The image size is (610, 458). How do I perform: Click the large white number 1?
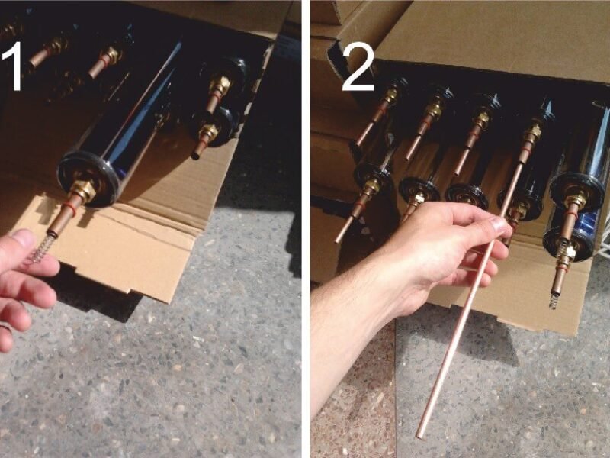(13, 66)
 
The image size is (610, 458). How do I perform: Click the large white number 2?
(358, 66)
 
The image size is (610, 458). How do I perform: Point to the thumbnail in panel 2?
(500, 224)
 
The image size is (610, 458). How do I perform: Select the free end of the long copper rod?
(420, 435)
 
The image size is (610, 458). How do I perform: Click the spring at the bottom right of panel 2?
(554, 301)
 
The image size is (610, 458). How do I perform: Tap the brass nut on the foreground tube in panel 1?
(83, 190)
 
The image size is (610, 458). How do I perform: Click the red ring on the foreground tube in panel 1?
(69, 208)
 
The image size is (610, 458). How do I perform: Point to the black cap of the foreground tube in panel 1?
(88, 177)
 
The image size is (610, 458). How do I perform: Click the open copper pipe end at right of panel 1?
(195, 156)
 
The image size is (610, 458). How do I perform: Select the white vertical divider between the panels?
(306, 229)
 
